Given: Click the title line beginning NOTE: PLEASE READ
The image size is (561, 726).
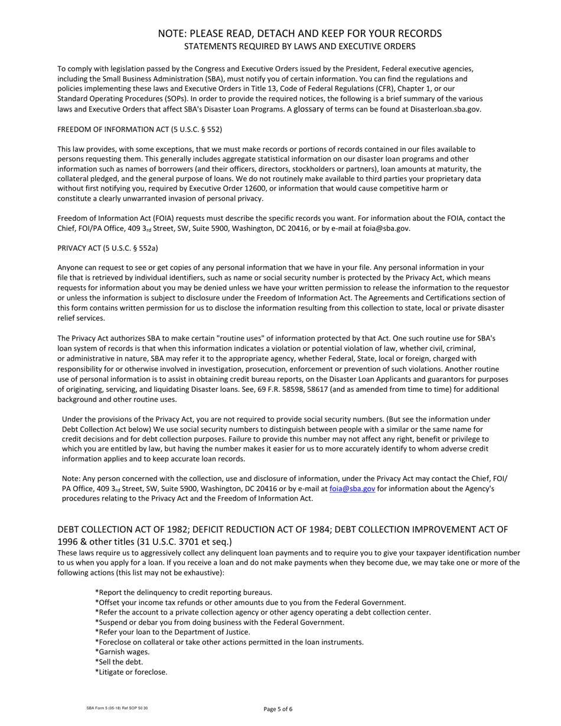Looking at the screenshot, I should click(x=299, y=34).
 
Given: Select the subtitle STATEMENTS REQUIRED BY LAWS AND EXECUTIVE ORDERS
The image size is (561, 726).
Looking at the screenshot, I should click(x=299, y=47).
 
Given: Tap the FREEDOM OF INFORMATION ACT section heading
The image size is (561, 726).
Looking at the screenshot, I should click(x=139, y=129).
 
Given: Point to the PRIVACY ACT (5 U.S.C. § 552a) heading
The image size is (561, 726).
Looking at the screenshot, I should click(x=107, y=248).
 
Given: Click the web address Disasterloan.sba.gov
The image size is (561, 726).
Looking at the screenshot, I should click(x=445, y=109).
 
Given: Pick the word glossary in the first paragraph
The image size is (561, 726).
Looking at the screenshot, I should click(x=308, y=109).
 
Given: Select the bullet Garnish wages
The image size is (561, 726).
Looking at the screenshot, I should click(x=122, y=652).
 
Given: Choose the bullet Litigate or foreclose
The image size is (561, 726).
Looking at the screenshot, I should click(x=131, y=672).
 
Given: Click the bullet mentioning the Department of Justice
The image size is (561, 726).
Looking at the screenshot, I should click(x=172, y=632).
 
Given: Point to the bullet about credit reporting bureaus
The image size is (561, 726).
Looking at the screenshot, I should click(x=184, y=592).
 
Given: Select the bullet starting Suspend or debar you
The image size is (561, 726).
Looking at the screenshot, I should click(x=219, y=622).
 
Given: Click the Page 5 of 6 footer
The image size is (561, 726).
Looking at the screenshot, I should click(x=278, y=709).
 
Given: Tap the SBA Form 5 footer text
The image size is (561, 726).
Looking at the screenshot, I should click(x=117, y=708).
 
